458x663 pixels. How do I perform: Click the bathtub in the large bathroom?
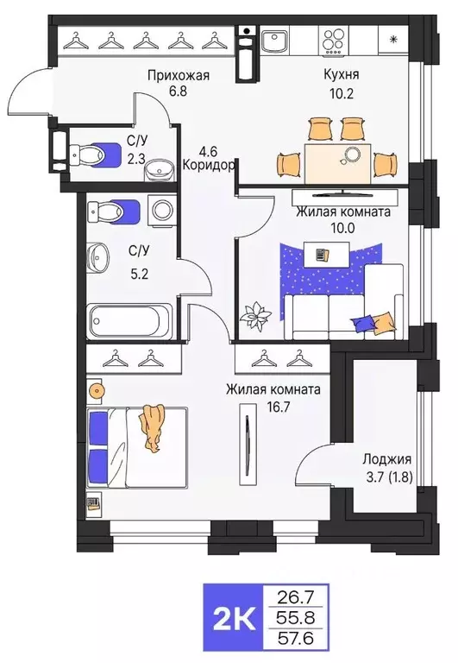click(132, 320)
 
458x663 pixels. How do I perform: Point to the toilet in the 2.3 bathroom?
click(95, 155)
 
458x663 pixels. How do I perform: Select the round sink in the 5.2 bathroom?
click(97, 256)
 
